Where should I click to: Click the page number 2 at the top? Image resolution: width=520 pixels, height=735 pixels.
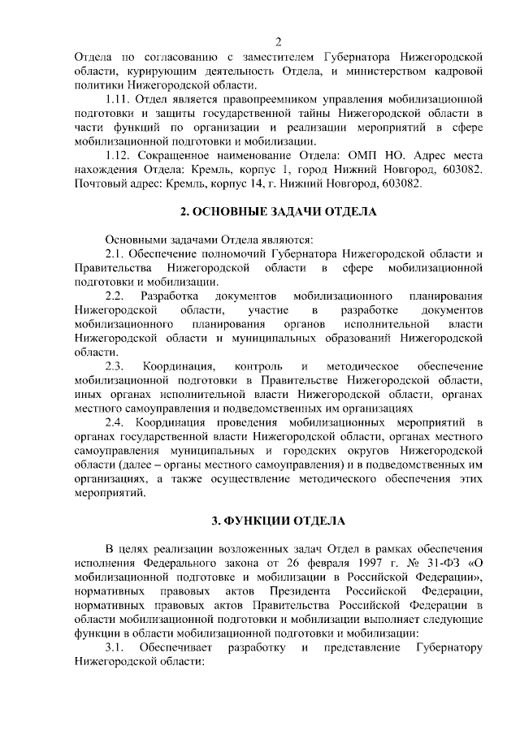(278, 42)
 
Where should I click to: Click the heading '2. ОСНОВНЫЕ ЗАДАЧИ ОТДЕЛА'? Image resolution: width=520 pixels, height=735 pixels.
(278, 212)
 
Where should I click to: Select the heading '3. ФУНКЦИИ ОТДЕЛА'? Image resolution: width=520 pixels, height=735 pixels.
(278, 519)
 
